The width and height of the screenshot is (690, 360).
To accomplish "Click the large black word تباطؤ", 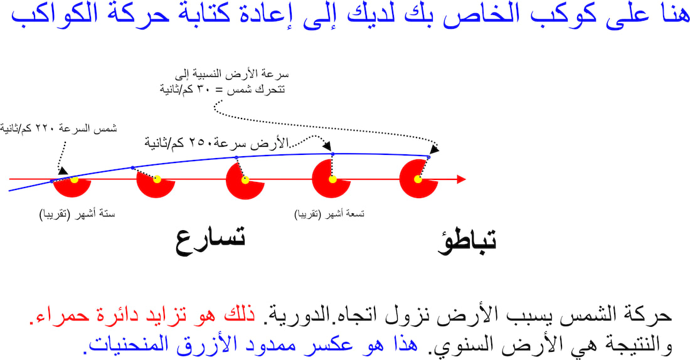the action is [x=467, y=241].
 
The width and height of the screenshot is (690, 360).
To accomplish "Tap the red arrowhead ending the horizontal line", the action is [x=461, y=179].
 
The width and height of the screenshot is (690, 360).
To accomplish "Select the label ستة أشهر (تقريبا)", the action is [x=77, y=214].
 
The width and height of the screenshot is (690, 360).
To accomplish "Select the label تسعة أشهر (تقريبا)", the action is [x=329, y=214].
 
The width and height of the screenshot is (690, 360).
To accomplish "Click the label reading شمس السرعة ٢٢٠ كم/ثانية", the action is [x=58, y=129].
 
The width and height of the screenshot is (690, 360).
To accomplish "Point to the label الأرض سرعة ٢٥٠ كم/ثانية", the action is [x=216, y=143].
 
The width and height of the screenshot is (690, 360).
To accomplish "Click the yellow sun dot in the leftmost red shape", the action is [x=75, y=179].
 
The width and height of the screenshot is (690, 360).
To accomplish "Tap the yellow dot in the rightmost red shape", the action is [x=418, y=179].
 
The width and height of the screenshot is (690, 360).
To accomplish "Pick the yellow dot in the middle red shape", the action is [x=245, y=179].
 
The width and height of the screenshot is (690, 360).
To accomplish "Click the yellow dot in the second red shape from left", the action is [x=157, y=179].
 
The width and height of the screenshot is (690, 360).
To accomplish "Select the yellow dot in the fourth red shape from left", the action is [x=332, y=179].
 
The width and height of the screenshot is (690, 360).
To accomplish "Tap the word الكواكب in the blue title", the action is [x=49, y=14].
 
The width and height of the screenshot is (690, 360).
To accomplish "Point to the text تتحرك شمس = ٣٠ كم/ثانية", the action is [x=223, y=89].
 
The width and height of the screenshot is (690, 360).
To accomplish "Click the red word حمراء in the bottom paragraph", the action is [x=51, y=315].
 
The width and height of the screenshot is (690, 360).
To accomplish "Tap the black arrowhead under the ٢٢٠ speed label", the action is [x=63, y=171].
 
